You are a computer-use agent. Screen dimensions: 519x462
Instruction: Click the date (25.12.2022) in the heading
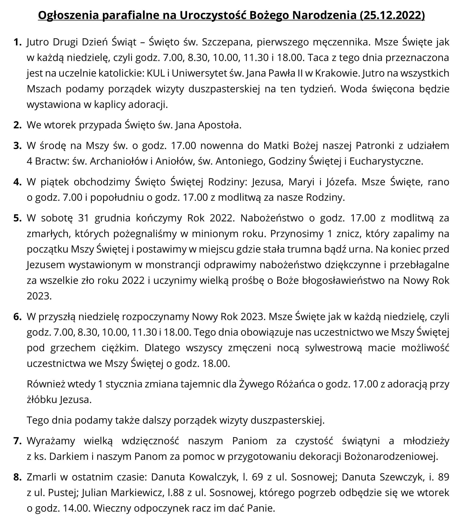pos(392,15)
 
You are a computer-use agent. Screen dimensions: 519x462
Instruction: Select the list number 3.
pos(17,146)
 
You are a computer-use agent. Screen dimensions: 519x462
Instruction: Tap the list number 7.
pos(17,441)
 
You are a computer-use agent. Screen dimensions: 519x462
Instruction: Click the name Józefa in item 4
pos(341,182)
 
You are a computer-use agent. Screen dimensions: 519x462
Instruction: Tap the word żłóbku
pos(42,400)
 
